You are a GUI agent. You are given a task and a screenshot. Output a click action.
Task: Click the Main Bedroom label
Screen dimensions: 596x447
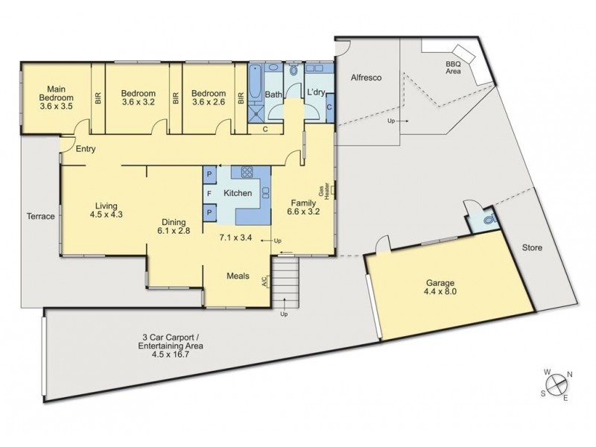tap(57, 98)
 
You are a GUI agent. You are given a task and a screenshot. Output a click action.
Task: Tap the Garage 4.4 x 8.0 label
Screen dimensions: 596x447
tap(440, 288)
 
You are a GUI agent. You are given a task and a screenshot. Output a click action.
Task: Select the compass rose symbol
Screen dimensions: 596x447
tap(557, 384)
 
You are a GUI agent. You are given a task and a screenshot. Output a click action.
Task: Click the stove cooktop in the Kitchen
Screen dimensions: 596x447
tap(247, 172)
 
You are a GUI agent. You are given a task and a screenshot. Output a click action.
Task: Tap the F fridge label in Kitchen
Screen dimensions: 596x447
tap(209, 194)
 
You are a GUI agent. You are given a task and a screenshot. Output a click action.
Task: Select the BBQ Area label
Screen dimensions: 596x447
tap(453, 68)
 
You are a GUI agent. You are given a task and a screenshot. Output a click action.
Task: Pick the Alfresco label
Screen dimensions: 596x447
tap(366, 77)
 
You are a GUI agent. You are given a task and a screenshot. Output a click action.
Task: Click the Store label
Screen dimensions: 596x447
tap(532, 248)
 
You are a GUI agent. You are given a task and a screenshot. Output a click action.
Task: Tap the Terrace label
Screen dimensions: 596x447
tap(41, 216)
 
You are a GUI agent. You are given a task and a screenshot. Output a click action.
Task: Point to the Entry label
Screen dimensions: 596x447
tap(86, 149)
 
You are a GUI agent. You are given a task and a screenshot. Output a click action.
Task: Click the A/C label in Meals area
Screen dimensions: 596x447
tap(265, 281)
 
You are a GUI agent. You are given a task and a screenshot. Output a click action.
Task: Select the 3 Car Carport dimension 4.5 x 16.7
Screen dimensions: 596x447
tap(171, 355)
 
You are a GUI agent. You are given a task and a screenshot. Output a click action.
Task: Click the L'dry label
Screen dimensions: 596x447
tap(316, 92)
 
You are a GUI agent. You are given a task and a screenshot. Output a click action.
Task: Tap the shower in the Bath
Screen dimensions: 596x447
tap(256, 114)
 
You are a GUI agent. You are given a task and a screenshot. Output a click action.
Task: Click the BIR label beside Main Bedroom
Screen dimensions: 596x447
tap(98, 98)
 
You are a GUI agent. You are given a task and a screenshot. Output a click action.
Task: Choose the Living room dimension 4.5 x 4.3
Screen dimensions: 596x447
tap(107, 215)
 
